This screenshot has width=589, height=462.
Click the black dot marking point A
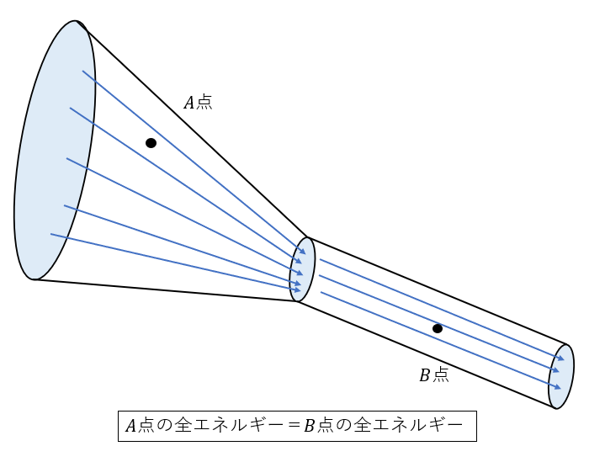click(x=151, y=143)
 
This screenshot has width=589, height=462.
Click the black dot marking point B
click(x=438, y=329)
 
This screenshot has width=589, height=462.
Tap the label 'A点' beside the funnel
click(x=198, y=102)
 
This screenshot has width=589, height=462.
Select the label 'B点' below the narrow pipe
click(x=434, y=374)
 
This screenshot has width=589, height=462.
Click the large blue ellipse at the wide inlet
click(x=55, y=151)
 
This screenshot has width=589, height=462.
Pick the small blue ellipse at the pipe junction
click(x=302, y=269)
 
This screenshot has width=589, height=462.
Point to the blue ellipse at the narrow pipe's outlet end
click(x=561, y=376)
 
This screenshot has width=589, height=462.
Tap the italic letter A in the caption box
click(x=130, y=426)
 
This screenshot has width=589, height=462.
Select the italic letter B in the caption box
click(x=309, y=426)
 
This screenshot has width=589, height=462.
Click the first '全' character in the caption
click(x=183, y=426)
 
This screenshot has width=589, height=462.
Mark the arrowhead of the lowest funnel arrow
click(x=298, y=289)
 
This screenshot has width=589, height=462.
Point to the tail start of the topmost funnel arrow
click(x=82, y=71)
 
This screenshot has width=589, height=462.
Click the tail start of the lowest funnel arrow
click(x=51, y=234)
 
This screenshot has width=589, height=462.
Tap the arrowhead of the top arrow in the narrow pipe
click(x=561, y=358)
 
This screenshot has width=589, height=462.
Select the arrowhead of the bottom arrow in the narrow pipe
click(x=558, y=387)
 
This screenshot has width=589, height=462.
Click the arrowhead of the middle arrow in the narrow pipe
click(x=556, y=370)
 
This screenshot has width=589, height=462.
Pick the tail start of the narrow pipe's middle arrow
click(x=319, y=276)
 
